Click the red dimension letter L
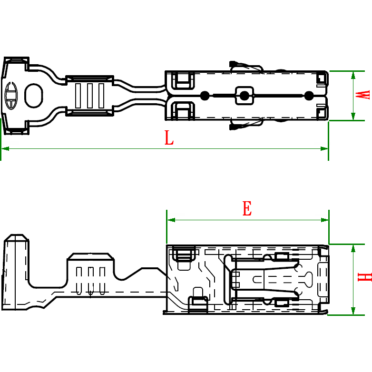169,138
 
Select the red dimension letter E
247,209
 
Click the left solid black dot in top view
205,96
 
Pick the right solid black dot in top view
309,96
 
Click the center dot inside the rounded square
244,96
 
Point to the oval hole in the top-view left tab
33,95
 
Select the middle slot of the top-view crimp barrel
89,95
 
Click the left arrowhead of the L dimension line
5,148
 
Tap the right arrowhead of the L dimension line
324,148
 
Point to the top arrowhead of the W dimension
353,75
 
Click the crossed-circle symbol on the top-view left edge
11,95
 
